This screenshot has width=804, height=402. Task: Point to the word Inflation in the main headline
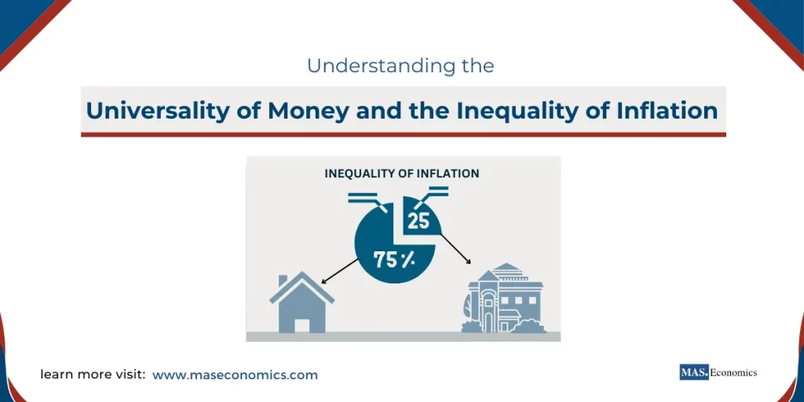664,111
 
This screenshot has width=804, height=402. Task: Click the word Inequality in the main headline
517,111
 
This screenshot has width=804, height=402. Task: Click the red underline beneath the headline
403,134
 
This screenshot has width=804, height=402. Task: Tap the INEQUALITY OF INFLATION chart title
402,173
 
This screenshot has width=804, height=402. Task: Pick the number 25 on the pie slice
418,221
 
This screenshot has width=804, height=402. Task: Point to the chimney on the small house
283,280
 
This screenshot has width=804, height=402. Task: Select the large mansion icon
502,299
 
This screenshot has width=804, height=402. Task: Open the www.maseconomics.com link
235,375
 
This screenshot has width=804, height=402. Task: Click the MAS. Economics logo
718,373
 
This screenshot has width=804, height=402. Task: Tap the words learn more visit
93,375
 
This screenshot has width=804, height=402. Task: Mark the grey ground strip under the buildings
403,336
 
